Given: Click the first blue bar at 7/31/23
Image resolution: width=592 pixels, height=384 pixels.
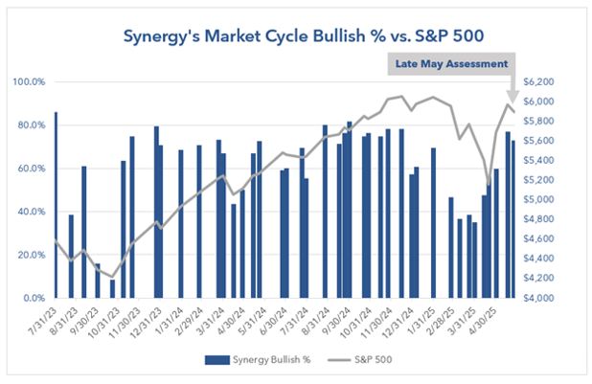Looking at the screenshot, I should (x=56, y=206).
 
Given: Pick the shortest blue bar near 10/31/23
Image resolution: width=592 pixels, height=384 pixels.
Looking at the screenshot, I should (x=112, y=288).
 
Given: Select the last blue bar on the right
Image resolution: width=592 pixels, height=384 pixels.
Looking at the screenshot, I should (x=513, y=219).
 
